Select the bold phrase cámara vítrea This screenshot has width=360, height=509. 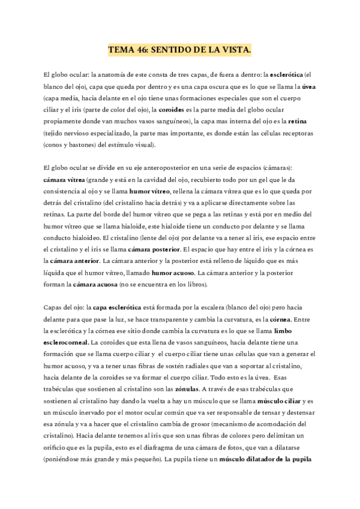(x=64, y=179)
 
